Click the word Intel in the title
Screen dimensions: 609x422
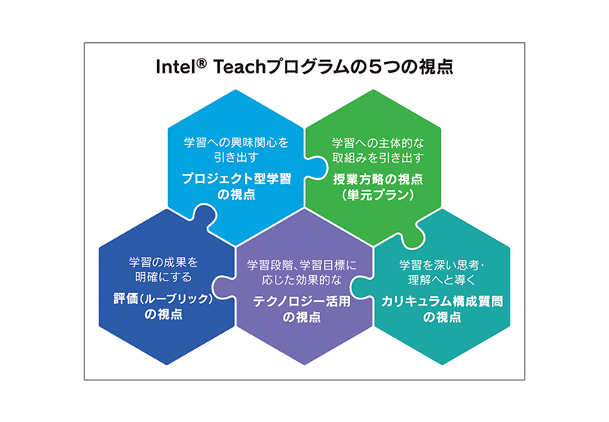176,67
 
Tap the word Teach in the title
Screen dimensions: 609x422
239,67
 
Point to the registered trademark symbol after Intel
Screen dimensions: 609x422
201,64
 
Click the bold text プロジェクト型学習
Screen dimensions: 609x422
237,179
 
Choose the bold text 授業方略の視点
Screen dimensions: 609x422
378,179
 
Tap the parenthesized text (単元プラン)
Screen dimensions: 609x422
378,195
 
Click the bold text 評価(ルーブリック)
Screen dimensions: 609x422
163,299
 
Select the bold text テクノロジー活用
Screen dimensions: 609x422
302,301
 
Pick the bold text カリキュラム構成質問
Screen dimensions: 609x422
442,301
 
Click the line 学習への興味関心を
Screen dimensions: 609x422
237,142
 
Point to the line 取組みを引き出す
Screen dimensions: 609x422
378,158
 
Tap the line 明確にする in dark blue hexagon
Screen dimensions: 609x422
163,277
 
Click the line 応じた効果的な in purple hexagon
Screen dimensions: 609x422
302,280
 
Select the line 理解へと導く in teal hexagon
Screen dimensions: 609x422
442,280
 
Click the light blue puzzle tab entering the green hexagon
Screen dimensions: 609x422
316,167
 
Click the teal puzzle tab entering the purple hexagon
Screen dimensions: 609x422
361,287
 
